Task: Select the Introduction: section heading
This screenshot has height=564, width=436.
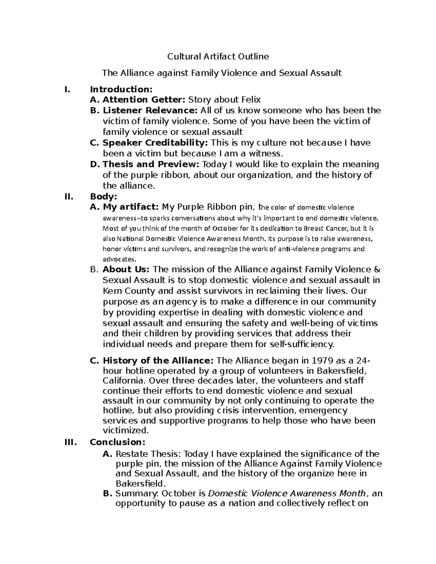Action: click(x=121, y=89)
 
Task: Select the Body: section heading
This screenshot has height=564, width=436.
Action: click(x=103, y=196)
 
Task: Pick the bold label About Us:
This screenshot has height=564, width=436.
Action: click(x=126, y=269)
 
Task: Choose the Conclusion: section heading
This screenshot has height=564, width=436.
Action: click(x=117, y=442)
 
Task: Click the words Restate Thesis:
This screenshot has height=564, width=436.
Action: click(x=148, y=454)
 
